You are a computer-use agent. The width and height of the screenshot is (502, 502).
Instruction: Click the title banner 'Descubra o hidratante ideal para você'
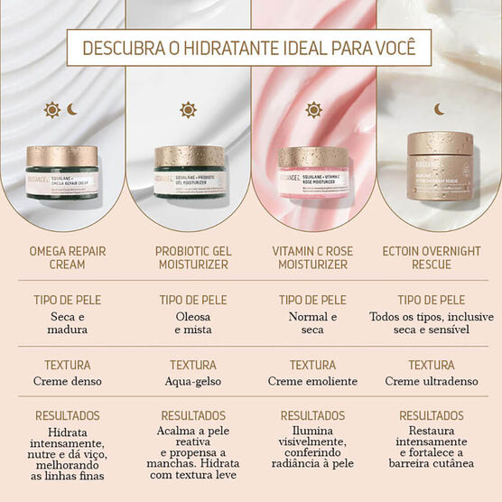(x=250, y=47)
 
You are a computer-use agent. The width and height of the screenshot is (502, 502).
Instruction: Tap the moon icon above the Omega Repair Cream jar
(x=72, y=109)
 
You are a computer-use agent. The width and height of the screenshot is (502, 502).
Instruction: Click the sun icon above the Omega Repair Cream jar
(x=52, y=109)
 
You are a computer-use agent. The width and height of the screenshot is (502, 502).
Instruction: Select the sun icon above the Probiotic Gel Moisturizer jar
(x=188, y=110)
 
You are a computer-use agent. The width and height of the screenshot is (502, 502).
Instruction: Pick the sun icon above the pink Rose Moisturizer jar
(x=313, y=110)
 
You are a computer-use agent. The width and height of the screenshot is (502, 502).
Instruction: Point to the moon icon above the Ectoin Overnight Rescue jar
(x=440, y=109)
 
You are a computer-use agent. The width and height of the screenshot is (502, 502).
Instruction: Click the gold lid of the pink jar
(x=312, y=157)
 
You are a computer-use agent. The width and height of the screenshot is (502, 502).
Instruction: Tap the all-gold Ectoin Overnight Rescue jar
(x=440, y=166)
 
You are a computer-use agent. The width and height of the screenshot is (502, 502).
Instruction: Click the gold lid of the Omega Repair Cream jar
(x=62, y=157)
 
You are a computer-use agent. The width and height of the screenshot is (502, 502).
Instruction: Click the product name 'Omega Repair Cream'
(x=62, y=257)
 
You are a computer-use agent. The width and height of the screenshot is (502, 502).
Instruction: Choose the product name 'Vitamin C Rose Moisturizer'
(x=312, y=257)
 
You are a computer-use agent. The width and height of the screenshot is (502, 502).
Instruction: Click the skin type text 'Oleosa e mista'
(x=188, y=323)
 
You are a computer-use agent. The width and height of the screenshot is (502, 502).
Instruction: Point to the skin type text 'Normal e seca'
(x=312, y=323)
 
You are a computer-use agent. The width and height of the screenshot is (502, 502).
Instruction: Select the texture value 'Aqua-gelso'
(x=188, y=381)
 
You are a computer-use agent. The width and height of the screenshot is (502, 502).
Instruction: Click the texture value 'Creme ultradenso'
(x=432, y=381)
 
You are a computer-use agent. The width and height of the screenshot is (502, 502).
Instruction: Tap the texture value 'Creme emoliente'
(x=312, y=381)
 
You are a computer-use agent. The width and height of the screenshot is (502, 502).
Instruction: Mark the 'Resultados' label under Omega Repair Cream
(x=62, y=416)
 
